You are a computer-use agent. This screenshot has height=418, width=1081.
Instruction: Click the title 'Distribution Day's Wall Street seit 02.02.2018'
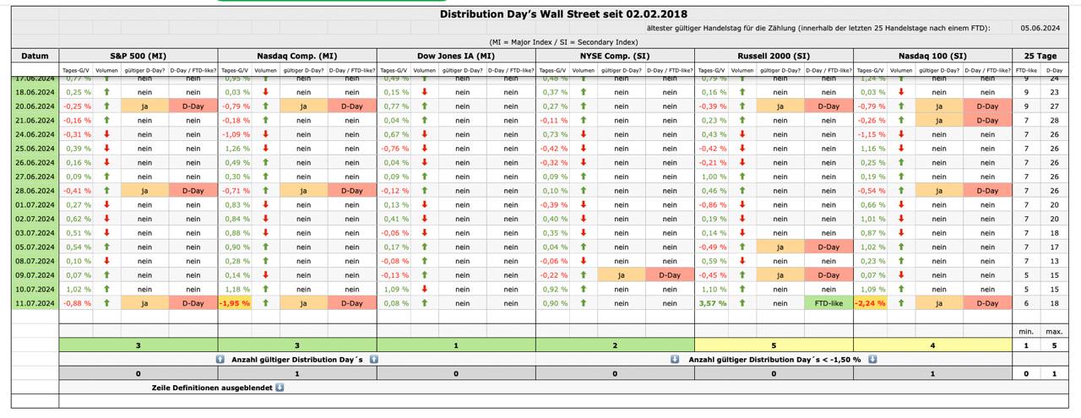click(563, 14)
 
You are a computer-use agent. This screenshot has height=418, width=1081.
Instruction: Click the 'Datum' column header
click(35, 56)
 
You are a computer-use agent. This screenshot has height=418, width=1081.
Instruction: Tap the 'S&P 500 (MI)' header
click(139, 56)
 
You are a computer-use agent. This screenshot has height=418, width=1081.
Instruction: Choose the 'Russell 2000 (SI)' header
click(774, 56)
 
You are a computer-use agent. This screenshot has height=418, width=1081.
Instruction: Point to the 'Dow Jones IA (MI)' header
click(456, 56)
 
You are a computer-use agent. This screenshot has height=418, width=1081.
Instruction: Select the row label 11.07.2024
click(35, 303)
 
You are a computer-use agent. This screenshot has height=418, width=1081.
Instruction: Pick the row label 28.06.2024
click(35, 191)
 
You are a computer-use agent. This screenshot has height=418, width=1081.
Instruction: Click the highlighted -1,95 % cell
click(236, 303)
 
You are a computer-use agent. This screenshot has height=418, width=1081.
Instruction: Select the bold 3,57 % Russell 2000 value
click(712, 303)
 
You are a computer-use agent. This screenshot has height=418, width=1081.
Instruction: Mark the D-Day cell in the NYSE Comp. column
click(670, 275)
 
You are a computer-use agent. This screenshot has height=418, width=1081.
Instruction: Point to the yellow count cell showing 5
click(774, 345)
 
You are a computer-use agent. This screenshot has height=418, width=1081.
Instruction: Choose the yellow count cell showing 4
click(932, 345)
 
